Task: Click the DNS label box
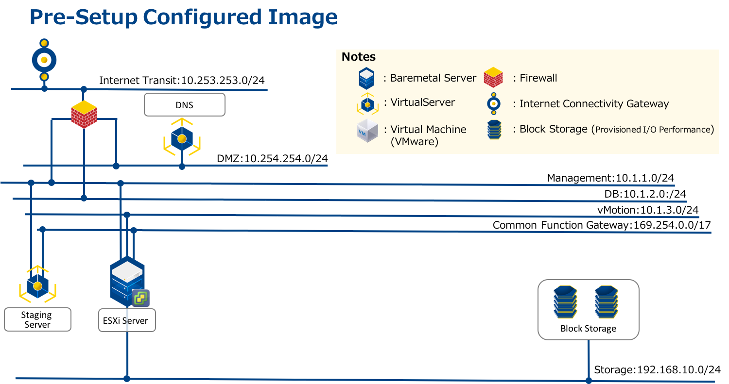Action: tap(185, 105)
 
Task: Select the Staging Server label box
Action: tap(37, 319)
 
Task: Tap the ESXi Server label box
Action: tap(127, 320)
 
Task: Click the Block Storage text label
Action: tap(588, 329)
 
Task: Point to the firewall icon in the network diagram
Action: tap(84, 114)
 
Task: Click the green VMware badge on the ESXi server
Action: tap(141, 298)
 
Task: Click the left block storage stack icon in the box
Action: tap(565, 301)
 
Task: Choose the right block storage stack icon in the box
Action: tap(606, 301)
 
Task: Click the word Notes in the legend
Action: tap(359, 57)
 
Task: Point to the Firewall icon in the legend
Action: tap(493, 77)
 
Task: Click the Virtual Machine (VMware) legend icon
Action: tap(367, 131)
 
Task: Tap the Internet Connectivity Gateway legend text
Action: tap(594, 104)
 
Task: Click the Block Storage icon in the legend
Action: tap(494, 130)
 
